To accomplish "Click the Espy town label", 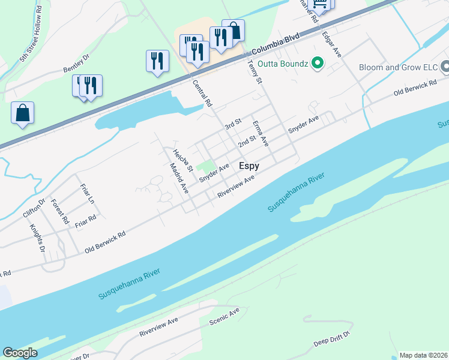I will tap(249, 166).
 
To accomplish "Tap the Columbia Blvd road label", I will tap(276, 46).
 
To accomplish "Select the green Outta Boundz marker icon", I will tap(318, 63).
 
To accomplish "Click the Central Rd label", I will tap(202, 94).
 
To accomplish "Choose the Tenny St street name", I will tap(255, 73).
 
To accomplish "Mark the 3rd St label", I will tap(232, 124).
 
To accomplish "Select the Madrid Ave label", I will tap(179, 178).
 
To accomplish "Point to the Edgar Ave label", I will tap(332, 44).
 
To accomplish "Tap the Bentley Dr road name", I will tap(76, 65).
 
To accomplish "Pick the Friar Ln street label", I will tap(88, 196).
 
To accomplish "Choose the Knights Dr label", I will tap(37, 235).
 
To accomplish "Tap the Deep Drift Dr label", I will tap(332, 340).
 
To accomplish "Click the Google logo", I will tap(20, 353).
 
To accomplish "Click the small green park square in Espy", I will tap(206, 166).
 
